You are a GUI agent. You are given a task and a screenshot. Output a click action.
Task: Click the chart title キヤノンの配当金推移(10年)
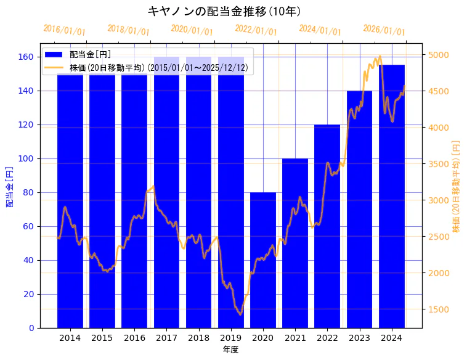click(224, 11)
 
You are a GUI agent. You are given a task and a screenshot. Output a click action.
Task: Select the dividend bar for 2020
click(263, 260)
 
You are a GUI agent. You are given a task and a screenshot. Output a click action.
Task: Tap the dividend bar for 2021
click(295, 243)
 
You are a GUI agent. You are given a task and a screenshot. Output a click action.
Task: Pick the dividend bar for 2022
click(327, 226)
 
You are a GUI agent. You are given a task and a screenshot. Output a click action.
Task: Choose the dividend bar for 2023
click(359, 209)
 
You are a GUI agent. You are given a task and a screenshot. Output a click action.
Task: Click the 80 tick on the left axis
click(29, 192)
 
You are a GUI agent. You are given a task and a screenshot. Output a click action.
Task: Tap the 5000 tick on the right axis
click(438, 55)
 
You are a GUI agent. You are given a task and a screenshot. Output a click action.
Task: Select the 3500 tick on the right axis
click(438, 164)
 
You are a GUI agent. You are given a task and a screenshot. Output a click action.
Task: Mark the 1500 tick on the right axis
click(438, 309)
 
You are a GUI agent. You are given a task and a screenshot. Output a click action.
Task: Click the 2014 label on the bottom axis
click(70, 338)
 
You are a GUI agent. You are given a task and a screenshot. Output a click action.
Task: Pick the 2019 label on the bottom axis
click(230, 338)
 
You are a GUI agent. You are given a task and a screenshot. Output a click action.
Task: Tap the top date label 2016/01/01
click(64, 30)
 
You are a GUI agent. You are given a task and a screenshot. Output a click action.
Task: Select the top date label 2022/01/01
click(256, 30)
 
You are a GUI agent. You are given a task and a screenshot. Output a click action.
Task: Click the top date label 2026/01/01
click(384, 30)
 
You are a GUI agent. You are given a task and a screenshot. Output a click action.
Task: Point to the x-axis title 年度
click(230, 350)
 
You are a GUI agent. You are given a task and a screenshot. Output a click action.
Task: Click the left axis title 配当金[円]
click(10, 186)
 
